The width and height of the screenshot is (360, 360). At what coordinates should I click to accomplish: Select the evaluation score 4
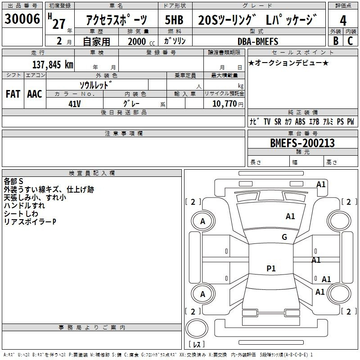click(343, 21)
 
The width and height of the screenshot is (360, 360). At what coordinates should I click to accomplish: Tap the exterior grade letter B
click(335, 40)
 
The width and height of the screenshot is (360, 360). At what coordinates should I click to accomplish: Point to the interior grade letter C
click(350, 40)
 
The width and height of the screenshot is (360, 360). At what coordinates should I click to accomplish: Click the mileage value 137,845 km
click(53, 64)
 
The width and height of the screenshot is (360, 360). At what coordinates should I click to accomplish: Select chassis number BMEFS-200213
click(302, 143)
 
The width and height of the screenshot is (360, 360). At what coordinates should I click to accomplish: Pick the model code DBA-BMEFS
click(258, 41)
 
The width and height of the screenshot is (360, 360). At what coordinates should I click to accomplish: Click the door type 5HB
click(174, 21)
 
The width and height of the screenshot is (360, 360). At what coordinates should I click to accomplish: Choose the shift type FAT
click(13, 94)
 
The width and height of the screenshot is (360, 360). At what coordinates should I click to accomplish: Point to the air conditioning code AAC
click(35, 94)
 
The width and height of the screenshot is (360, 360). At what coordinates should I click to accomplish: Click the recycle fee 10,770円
click(224, 103)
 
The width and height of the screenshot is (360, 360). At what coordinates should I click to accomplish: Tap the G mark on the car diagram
click(284, 237)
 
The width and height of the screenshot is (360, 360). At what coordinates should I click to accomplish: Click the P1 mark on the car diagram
click(271, 269)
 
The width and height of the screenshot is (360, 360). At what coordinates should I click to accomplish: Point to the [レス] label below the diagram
click(196, 345)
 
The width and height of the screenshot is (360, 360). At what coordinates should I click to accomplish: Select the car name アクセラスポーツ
click(117, 21)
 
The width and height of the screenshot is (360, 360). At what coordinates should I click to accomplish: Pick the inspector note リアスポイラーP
click(30, 222)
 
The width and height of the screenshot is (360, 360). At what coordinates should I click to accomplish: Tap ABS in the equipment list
click(300, 121)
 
